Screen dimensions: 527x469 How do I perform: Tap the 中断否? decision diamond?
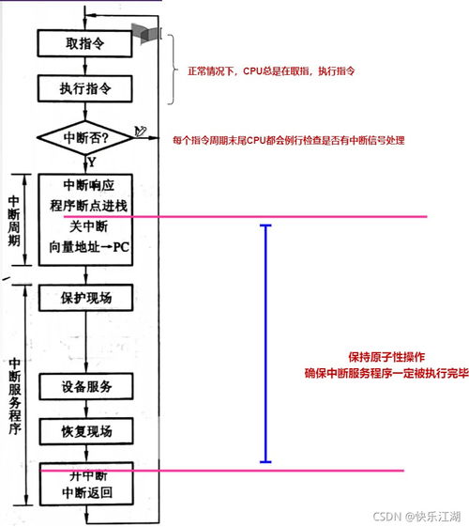pyautogui.click(x=85, y=137)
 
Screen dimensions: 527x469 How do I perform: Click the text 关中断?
pyautogui.click(x=86, y=226)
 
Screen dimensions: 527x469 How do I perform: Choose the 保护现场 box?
pyautogui.click(x=86, y=299)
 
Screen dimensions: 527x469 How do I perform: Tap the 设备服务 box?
pyautogui.click(x=86, y=387)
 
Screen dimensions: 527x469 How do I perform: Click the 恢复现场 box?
pyautogui.click(x=86, y=431)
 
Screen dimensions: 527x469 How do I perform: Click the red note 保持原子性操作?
pyautogui.click(x=386, y=357)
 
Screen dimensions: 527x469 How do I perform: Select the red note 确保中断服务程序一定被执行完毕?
pyautogui.click(x=386, y=373)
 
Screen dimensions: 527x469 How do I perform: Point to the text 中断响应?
pyautogui.click(x=86, y=183)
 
